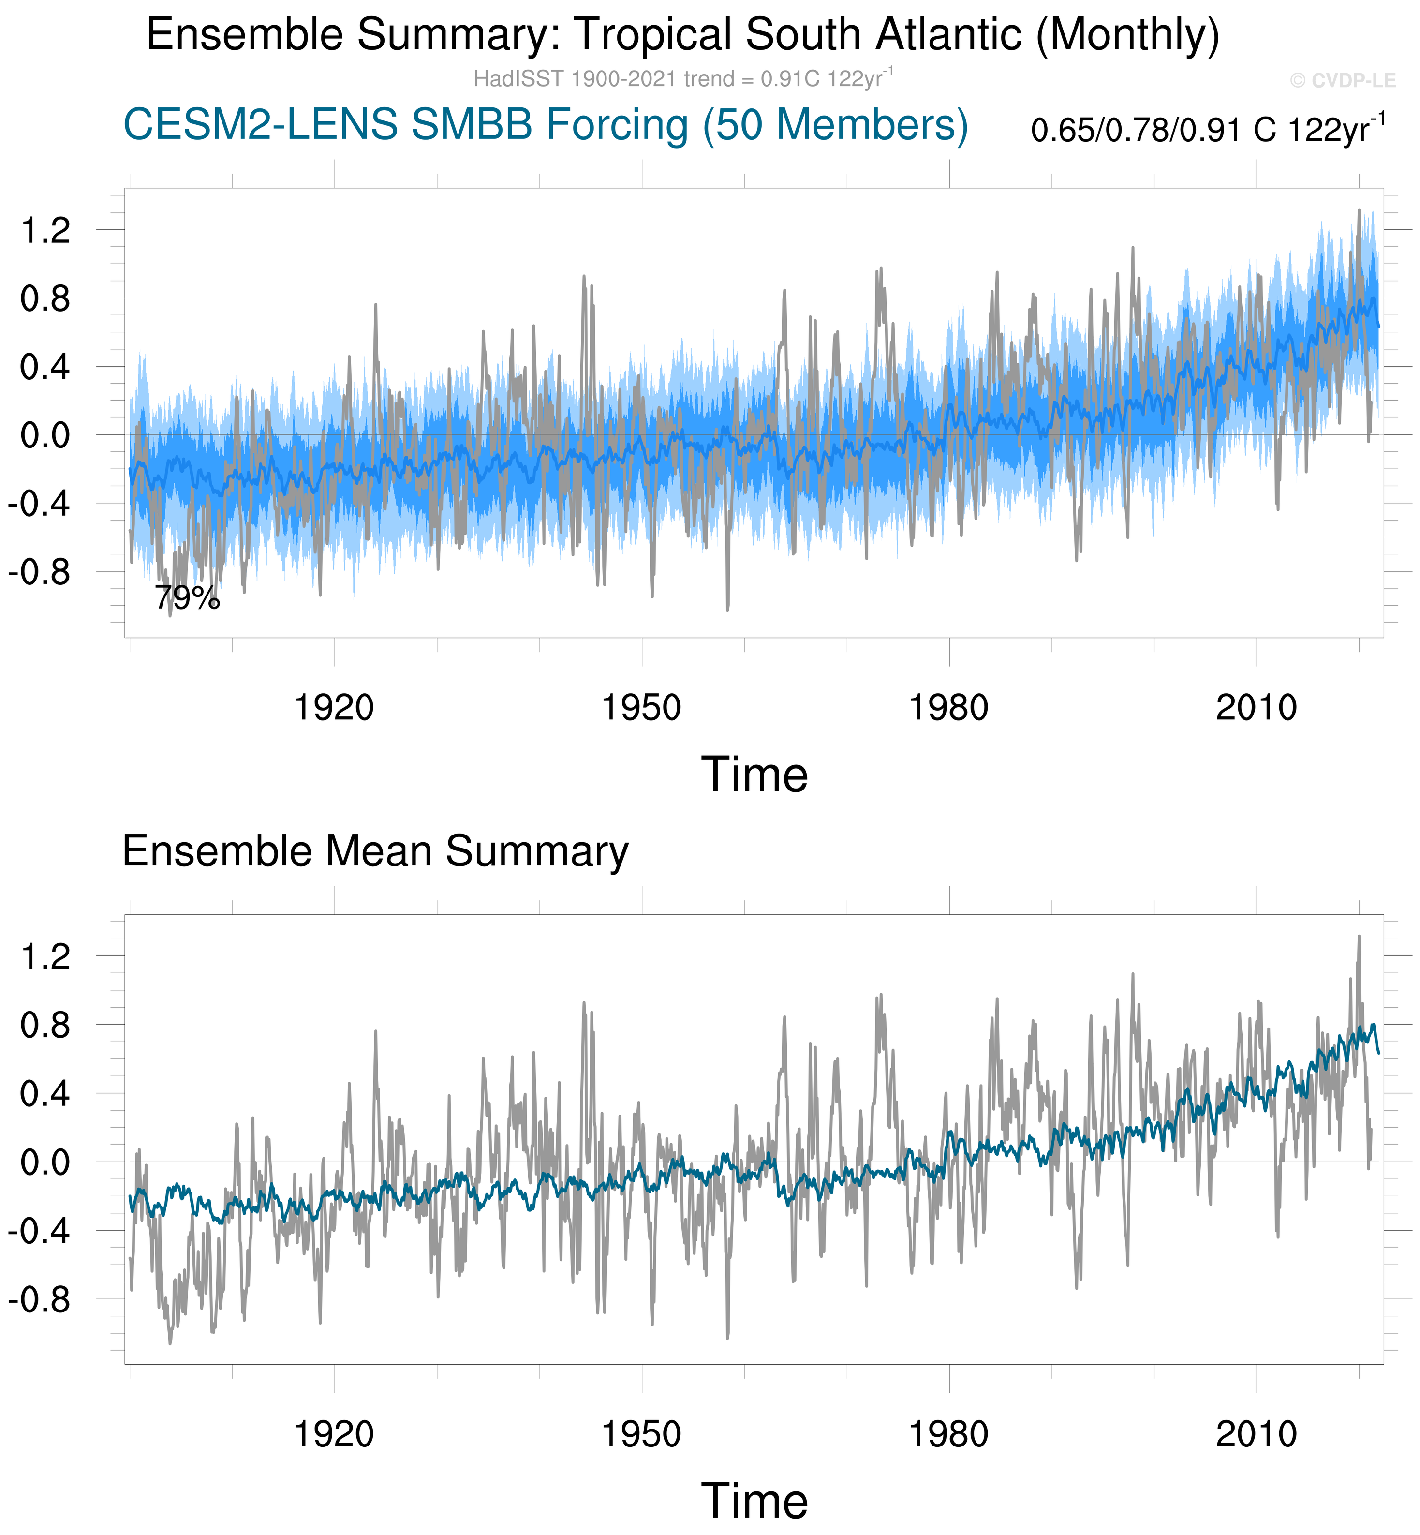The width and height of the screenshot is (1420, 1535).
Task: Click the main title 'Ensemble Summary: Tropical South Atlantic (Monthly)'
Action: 682,35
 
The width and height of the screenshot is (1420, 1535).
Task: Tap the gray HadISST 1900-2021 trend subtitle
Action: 682,79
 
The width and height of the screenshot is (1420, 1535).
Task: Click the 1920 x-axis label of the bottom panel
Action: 334,1434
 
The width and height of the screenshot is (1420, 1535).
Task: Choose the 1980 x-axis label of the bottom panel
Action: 948,1434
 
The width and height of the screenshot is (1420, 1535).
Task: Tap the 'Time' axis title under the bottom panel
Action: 754,1501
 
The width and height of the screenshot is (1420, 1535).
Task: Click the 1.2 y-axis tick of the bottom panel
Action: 45,957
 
